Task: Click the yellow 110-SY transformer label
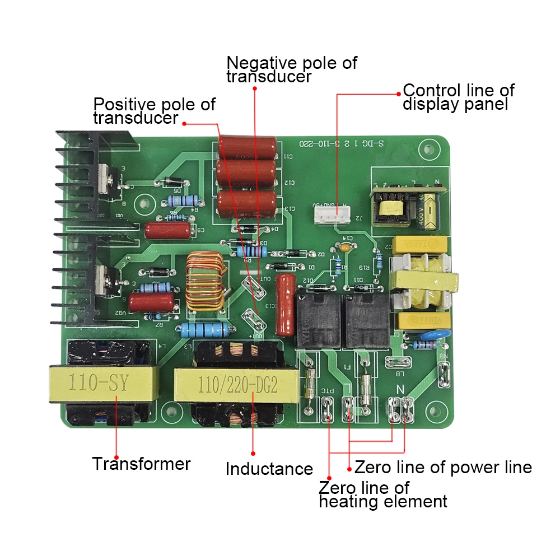coord(99,384)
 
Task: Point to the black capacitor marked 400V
coord(430,209)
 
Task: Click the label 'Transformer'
coord(141,464)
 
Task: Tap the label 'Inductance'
coord(269,469)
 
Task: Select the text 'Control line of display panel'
coord(458,97)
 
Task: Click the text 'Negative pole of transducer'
coord(291,69)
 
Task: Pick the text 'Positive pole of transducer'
coord(154,111)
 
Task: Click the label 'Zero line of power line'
coord(443,466)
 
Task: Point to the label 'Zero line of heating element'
coord(383,494)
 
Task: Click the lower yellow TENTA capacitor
coord(423,320)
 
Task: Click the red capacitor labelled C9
coord(167,230)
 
